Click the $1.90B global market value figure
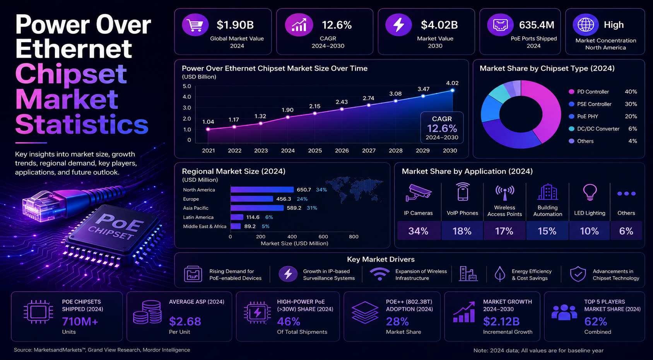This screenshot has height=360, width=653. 235,25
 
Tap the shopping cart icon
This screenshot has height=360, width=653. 195,26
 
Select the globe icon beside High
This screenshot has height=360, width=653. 586,25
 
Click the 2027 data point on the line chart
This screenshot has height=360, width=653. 369,105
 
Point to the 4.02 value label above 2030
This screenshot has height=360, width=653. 452,83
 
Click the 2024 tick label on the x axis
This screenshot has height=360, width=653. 288,150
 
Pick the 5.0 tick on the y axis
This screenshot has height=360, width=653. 186,86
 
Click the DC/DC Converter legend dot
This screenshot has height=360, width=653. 571,129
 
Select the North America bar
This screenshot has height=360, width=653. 262,190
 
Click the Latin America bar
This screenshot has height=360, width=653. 237,217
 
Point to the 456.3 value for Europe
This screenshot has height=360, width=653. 284,199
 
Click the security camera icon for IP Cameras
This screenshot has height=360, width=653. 418,193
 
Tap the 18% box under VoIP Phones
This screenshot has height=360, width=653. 462,231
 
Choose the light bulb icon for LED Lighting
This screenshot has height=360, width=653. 590,193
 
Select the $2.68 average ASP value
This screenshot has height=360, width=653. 185,321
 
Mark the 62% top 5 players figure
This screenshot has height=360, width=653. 596,321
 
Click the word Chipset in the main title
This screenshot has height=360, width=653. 71,74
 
